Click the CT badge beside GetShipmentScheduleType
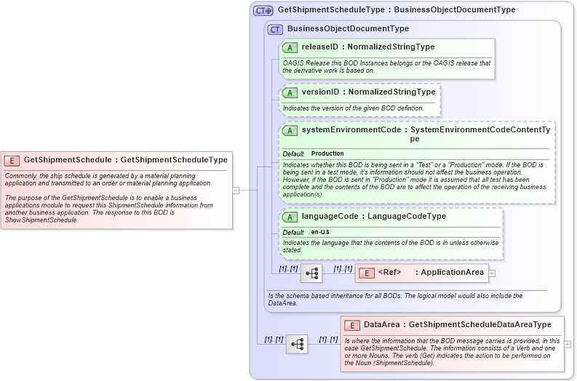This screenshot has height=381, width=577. [x=263, y=10]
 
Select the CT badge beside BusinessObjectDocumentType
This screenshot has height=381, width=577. [x=275, y=29]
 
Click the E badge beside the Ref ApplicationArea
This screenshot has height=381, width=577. [x=367, y=273]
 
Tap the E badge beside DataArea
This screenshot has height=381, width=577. [x=352, y=325]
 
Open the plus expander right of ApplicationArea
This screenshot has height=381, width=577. [x=492, y=273]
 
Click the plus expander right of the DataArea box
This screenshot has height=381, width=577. [x=568, y=344]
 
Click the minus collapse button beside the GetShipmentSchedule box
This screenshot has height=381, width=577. [x=236, y=190]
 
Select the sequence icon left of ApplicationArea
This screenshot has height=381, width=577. [x=311, y=273]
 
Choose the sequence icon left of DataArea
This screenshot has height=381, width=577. [x=296, y=344]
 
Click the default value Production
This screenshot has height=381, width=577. [x=327, y=154]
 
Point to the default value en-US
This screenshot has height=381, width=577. [x=320, y=232]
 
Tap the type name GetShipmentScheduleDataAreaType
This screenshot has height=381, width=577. [x=480, y=325]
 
